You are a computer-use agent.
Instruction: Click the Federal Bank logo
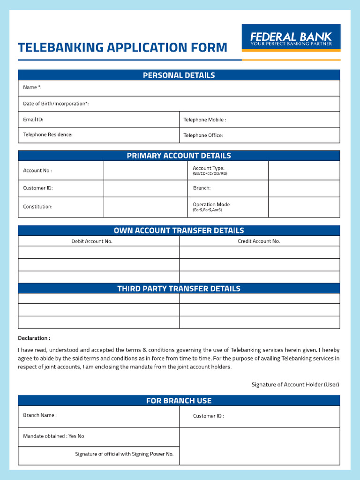click(291, 37)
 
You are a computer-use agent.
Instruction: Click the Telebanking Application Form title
click(122, 47)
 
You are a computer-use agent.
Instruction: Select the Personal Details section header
click(179, 75)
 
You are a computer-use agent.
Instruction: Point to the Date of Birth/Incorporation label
click(56, 104)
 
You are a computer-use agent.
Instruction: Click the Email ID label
click(33, 120)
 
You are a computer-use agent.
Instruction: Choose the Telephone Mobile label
click(204, 120)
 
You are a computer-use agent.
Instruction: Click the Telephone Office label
click(203, 135)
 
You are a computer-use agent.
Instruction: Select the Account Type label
click(209, 168)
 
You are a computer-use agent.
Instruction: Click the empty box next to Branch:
click(304, 188)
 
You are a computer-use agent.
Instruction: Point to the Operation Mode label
click(211, 204)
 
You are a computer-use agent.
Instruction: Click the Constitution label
click(37, 207)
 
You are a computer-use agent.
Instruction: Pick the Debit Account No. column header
click(92, 241)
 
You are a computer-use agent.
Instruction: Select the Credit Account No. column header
click(259, 241)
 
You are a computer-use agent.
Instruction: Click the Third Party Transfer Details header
click(179, 289)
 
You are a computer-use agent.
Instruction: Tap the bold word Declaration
click(34, 338)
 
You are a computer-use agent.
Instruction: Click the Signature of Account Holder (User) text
click(295, 384)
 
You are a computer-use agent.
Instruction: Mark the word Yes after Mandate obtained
click(72, 436)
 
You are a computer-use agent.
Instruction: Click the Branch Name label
click(39, 415)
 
